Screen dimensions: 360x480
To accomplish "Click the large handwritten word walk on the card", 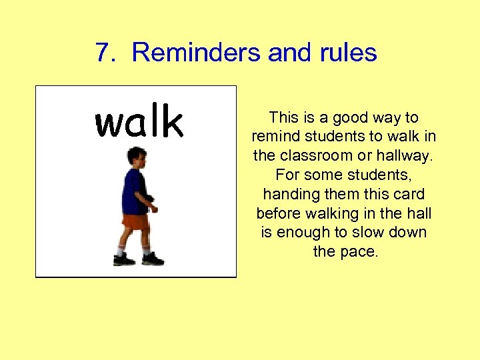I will [x=139, y=122].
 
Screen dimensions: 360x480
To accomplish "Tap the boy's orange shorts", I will [x=135, y=221].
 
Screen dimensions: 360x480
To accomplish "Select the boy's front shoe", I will [x=153, y=259].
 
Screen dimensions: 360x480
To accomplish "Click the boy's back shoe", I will [x=124, y=259].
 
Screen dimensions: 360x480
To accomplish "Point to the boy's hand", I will [x=154, y=209].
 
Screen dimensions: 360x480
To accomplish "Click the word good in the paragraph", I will [x=350, y=118].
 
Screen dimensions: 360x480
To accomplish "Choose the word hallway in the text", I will [x=407, y=157].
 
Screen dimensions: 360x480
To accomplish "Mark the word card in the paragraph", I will [x=409, y=195].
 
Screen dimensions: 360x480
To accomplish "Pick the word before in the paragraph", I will [x=279, y=214].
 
